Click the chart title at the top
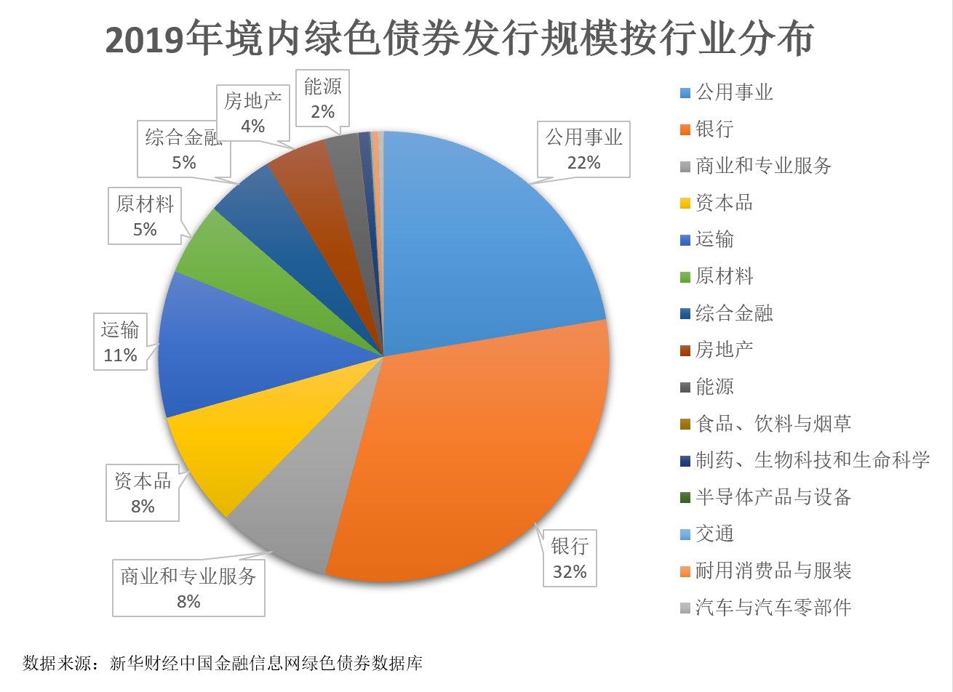tap(459, 39)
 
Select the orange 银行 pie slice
tap(480, 451)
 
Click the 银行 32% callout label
tap(570, 559)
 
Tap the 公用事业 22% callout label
tap(584, 150)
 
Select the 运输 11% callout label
tap(120, 342)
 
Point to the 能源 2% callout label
tap(322, 98)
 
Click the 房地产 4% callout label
tap(252, 113)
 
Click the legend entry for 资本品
tap(724, 203)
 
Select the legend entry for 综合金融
tap(733, 313)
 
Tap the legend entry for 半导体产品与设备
tap(773, 497)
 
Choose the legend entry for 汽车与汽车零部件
tap(773, 608)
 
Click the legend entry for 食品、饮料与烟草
tap(773, 424)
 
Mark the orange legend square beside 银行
tap(685, 130)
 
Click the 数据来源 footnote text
tap(223, 663)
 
